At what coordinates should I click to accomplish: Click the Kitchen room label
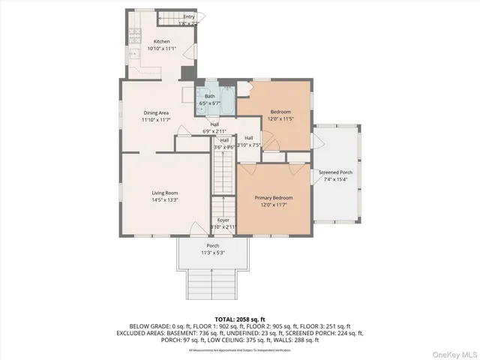point(161,41)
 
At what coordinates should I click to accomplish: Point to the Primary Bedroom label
point(274,198)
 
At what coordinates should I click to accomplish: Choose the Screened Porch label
point(335,172)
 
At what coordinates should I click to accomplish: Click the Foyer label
point(223,220)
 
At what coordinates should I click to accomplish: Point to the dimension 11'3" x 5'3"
point(213,253)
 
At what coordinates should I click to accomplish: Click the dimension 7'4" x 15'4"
point(335,179)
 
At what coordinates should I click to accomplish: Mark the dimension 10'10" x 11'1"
point(161,49)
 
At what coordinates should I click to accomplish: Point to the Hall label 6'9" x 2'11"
point(214,128)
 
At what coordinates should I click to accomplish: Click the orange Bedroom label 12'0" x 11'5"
point(280,115)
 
